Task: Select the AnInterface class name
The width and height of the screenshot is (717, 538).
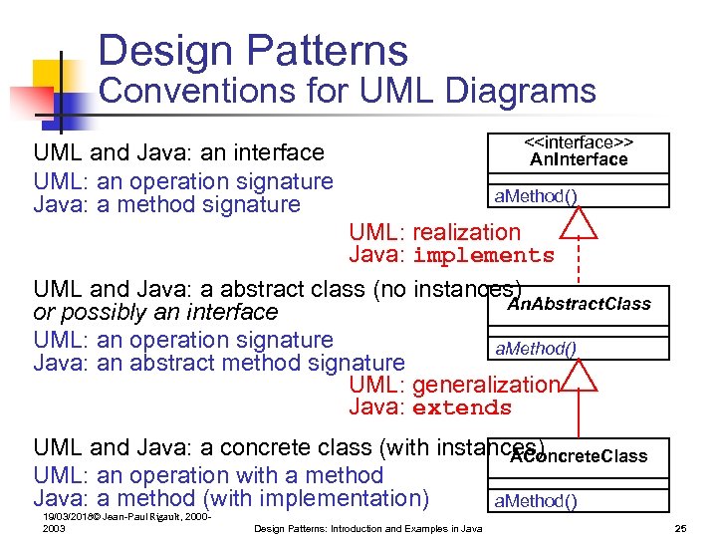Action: (x=579, y=159)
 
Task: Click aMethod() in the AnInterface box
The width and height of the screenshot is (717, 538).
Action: (x=536, y=196)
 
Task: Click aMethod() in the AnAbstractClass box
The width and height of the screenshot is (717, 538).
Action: (x=536, y=348)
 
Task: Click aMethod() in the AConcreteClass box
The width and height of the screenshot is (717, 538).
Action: (x=536, y=500)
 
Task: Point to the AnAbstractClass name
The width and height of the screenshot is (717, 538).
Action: (x=579, y=304)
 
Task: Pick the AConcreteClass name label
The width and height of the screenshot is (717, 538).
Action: (x=579, y=456)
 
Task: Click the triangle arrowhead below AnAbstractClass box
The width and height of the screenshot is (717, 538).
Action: (x=579, y=377)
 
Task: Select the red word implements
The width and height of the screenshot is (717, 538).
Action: (x=483, y=256)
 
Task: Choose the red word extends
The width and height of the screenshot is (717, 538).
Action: (x=461, y=408)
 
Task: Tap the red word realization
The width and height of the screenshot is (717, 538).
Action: (x=466, y=232)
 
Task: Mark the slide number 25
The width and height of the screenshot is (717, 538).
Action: (x=681, y=527)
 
